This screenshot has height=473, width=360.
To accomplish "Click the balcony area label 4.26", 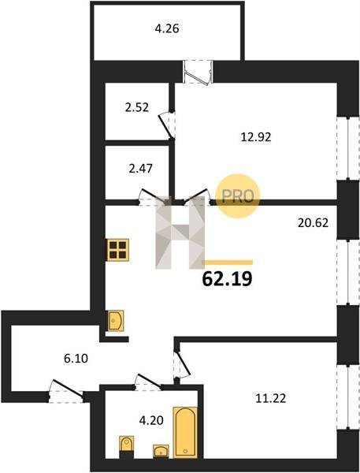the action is pos(167,29).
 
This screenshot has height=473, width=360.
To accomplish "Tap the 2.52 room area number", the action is pos(137,107).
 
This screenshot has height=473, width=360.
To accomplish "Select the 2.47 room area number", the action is pos(140,169).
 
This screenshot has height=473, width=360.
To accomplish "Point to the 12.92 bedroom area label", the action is pos(256,137).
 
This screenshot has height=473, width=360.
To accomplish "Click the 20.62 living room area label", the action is pos(313,223).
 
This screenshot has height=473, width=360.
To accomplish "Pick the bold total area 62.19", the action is pos(227,279).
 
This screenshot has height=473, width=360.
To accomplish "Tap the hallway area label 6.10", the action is pos(76,359).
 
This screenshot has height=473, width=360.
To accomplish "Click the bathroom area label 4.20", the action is pos(151,420).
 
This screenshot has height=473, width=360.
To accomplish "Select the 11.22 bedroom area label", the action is pos(271,398).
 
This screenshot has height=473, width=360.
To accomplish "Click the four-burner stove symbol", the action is pos(118,250).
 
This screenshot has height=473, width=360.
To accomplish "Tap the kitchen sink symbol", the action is pos(116,321).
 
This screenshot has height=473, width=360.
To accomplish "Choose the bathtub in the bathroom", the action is pos(185,432).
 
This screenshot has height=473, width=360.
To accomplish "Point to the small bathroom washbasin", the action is pos(161,451).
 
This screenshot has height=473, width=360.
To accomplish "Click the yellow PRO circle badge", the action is pos(238,196).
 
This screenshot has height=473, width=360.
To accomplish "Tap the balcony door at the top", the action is pos(198,72).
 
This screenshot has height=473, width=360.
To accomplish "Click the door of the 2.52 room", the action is pos(167,125).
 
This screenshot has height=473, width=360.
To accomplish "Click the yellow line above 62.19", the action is pos(228,263).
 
